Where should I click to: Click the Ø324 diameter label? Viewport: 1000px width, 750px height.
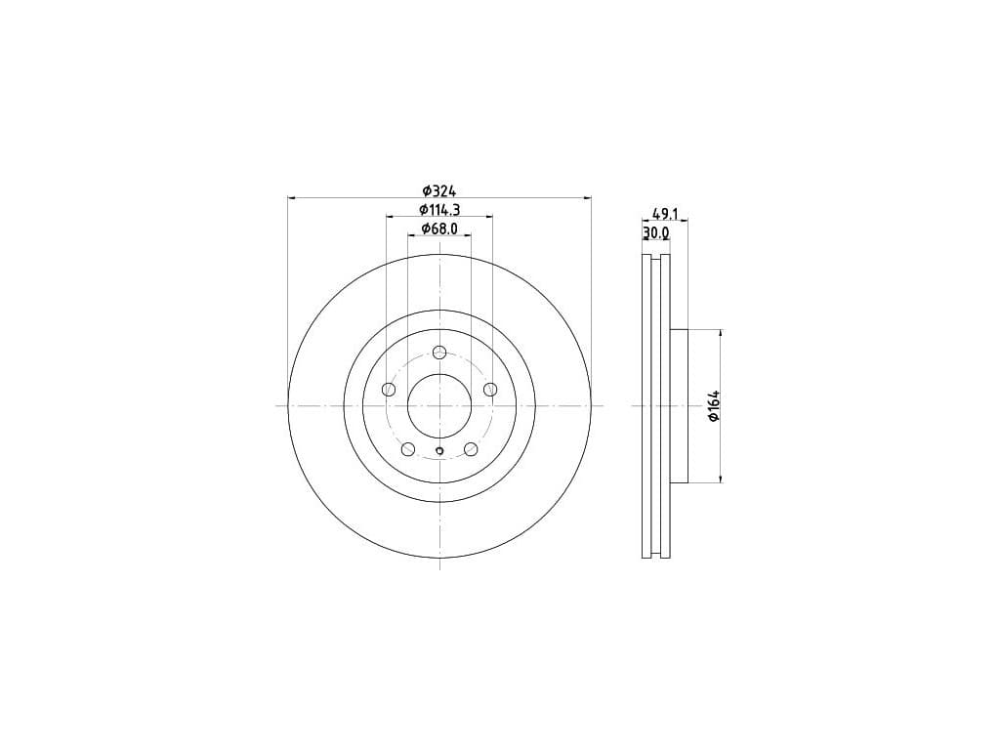[439, 190]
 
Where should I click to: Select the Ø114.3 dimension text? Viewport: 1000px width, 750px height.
[439, 209]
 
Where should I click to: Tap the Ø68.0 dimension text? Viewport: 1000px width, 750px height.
[439, 229]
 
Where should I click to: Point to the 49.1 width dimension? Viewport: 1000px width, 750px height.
[664, 214]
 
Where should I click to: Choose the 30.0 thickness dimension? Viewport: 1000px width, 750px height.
[656, 233]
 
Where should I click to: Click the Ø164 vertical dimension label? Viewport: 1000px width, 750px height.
[714, 405]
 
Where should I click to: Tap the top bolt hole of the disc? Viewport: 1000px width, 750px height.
[439, 352]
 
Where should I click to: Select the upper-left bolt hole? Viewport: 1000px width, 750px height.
[389, 389]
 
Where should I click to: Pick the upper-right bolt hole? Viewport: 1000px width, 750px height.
[490, 389]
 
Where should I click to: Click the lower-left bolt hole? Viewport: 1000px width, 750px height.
[408, 449]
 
